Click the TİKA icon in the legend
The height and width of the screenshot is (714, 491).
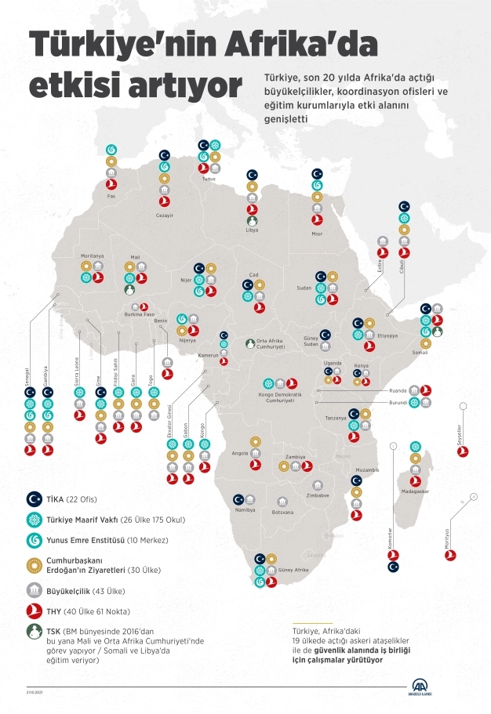point(35,498)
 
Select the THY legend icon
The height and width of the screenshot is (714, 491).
point(35,611)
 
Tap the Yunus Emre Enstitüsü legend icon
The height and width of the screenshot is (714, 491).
point(35,539)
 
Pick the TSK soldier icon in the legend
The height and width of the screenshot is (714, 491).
point(35,633)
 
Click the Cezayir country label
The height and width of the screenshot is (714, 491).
point(163,212)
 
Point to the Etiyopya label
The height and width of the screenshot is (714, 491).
point(388,335)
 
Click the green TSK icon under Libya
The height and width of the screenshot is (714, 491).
point(252,222)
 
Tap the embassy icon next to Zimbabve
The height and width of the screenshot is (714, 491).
point(317,485)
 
